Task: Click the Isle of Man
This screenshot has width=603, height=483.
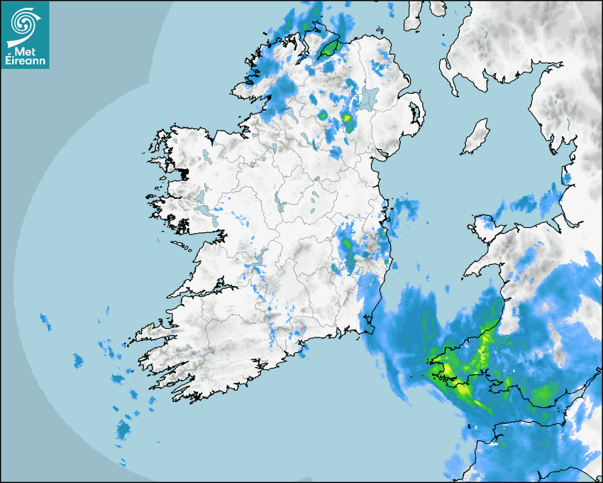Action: (x=476, y=136)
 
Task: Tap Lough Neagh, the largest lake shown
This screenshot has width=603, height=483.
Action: (x=369, y=98)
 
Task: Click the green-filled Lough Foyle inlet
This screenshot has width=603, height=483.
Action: (x=328, y=48)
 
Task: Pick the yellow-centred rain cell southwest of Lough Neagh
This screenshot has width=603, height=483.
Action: (x=346, y=119)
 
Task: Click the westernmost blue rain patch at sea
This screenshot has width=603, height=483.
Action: (x=46, y=321)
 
